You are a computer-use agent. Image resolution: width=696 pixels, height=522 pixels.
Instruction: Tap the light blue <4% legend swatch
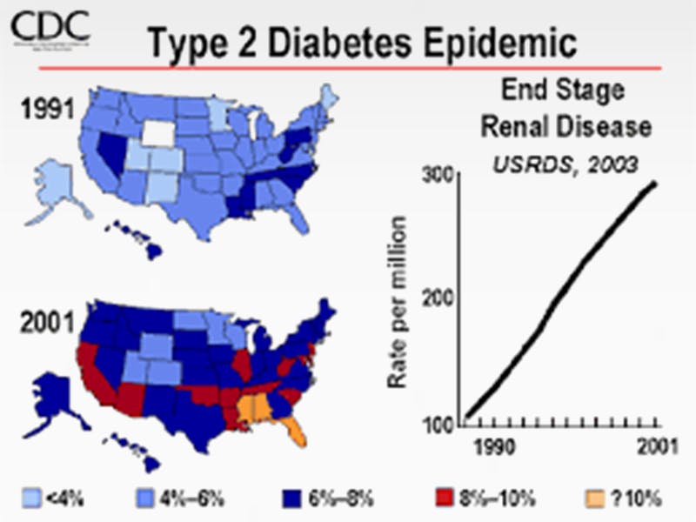click(x=30, y=499)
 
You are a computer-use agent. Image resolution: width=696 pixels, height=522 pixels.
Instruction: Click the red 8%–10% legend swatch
click(x=444, y=499)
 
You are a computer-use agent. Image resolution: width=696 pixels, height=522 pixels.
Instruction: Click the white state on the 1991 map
click(x=158, y=131)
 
